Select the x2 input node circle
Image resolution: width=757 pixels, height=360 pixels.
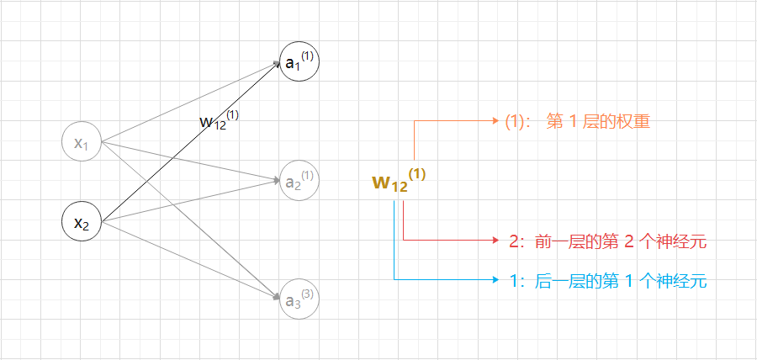tap(82, 223)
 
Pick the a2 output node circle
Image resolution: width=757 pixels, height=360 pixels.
tap(299, 180)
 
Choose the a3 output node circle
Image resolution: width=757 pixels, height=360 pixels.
tap(299, 299)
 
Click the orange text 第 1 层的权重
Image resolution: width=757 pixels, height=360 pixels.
tap(599, 122)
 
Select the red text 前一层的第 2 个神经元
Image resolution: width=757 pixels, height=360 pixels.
tap(619, 242)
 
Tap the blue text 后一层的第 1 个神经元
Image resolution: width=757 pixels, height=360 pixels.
tap(619, 282)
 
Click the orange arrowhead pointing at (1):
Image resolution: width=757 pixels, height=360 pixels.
tap(496, 121)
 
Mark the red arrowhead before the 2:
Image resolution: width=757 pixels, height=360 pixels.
tap(496, 241)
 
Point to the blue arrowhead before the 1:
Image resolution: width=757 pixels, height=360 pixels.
tap(496, 280)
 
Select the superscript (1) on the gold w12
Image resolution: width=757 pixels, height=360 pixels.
tap(418, 174)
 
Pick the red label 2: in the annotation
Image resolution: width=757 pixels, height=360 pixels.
tap(517, 242)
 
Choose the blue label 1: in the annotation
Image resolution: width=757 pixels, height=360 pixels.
tap(517, 282)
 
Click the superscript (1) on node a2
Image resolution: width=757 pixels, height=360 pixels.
tap(308, 176)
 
